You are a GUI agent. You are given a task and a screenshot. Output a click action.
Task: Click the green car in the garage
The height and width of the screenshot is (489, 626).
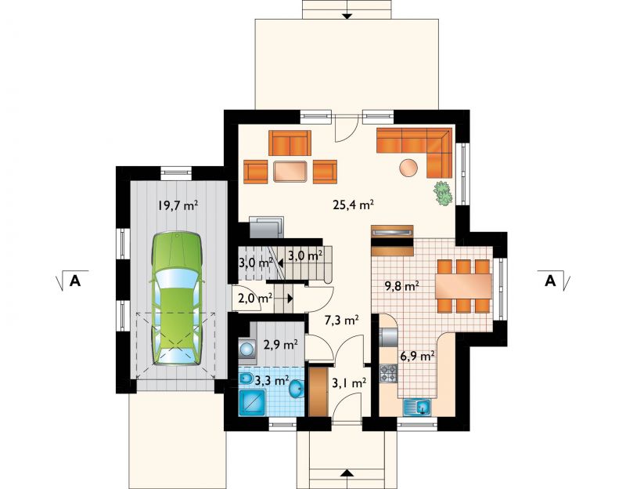click(x=176, y=299)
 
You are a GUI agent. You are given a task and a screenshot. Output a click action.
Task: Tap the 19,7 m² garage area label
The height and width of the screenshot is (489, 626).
click(x=178, y=205)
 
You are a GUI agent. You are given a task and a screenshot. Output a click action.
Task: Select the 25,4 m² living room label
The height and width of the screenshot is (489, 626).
click(x=353, y=205)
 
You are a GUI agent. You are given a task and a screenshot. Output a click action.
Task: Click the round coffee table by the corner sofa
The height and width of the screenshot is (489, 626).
click(x=408, y=168)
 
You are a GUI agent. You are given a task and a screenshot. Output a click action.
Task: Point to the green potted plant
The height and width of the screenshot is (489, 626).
click(x=443, y=194)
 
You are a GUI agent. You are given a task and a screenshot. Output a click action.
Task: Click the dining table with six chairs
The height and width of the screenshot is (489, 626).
click(x=464, y=285)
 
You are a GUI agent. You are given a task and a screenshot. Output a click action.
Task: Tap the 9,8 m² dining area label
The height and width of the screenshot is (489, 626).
click(x=401, y=286)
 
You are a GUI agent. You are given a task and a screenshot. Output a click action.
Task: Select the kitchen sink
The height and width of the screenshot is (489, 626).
click(x=418, y=407)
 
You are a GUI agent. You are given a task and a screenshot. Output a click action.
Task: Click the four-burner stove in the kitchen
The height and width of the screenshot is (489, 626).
click(x=388, y=373)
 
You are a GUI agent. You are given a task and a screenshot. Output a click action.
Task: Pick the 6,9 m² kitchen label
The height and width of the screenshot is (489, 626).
click(x=417, y=356)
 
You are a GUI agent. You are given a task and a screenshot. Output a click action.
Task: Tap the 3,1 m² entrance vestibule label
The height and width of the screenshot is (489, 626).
click(x=349, y=383)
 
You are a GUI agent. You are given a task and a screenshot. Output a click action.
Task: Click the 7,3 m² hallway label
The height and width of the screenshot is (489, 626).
click(x=341, y=320)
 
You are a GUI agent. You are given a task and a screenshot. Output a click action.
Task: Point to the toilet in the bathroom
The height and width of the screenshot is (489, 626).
click(x=245, y=379)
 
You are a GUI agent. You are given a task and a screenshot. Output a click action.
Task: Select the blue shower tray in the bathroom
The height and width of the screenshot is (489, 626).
click(x=252, y=403)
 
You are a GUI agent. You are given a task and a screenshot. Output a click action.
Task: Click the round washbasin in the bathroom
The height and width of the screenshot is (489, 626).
click(x=297, y=388)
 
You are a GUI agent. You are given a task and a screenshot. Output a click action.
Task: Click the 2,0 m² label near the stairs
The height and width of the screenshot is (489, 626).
click(x=256, y=299)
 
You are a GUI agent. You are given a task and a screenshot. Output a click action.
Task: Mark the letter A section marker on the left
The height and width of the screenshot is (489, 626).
click(x=75, y=281)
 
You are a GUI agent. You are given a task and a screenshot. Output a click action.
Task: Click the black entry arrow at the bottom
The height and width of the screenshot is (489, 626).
click(x=347, y=473)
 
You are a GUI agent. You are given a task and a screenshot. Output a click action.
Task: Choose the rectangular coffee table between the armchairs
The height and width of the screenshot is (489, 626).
click(x=290, y=172)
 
